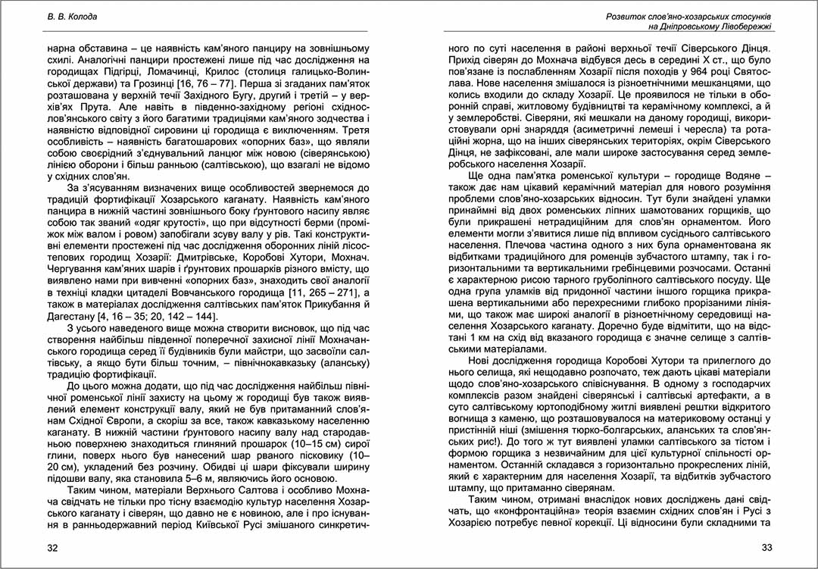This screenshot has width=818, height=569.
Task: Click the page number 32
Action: [52, 548]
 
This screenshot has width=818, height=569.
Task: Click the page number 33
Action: [765, 548]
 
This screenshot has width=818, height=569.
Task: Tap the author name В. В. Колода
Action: [69, 16]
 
